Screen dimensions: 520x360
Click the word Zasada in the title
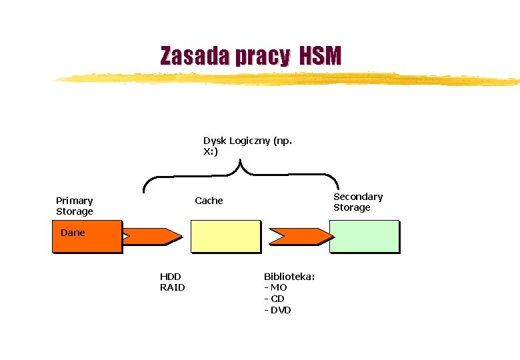[190, 57]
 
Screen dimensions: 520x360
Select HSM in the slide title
[320, 57]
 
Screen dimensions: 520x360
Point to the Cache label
[209, 201]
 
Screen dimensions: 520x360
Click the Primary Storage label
[75, 206]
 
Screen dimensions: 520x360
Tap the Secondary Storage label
[358, 202]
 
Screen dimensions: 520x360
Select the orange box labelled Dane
[87, 237]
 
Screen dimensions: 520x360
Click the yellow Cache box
[225, 237]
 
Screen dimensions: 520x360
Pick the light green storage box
[364, 237]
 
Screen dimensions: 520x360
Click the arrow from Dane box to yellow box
[153, 235]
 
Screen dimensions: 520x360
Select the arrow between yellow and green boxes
[301, 235]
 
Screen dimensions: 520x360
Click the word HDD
[170, 277]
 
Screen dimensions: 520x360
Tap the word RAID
[172, 287]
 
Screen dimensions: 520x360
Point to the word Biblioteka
[289, 277]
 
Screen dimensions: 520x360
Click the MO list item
[276, 287]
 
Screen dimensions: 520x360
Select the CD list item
[275, 299]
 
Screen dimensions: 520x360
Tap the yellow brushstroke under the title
[287, 79]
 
